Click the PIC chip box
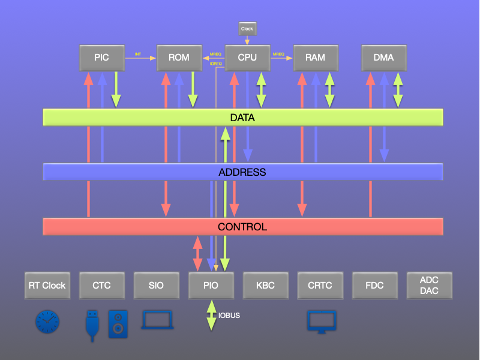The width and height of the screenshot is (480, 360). coord(102,58)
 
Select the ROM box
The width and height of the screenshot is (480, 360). coord(179,58)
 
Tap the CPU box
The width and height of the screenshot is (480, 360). coord(247,58)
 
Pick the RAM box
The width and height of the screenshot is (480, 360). coord(315,58)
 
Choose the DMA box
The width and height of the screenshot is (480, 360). coord(383,58)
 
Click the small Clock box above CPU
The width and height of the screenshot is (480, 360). coord(247,29)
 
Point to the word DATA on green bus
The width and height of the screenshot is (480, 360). coord(242,118)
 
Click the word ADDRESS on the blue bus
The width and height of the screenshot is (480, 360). coord(242,172)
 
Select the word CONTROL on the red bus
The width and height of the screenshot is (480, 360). coord(242,227)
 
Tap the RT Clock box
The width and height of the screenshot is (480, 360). coord(47,286)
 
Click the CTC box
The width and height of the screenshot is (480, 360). coord(102,286)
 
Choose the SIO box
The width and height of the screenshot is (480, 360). coord(156,286)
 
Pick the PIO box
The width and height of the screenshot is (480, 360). coord(211,286)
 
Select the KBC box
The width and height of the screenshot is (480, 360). coord(265,286)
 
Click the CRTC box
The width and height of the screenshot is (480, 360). coord(320,286)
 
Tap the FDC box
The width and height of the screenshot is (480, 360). coord(374,286)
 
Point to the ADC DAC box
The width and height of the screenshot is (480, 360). coord(429,286)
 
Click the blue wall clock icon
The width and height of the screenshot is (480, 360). coord(47,322)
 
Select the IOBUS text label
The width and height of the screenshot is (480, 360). coord(229,316)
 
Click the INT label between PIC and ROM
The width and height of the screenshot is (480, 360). coord(138,55)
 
